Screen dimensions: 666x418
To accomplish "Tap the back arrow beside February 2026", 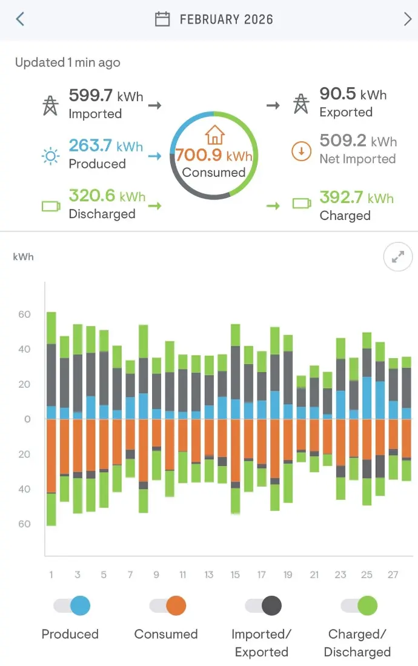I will pos(20,19).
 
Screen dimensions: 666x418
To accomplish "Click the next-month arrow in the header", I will pos(407,19).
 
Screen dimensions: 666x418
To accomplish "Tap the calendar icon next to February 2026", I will pos(162,19).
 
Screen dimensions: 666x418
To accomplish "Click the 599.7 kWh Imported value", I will pos(105,96).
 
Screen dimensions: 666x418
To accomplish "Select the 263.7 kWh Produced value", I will pos(105,146).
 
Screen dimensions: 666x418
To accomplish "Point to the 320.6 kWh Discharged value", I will pos(107,196).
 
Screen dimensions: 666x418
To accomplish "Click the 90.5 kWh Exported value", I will pos(353,95).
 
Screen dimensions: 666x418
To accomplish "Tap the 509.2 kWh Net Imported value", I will pos(357,141).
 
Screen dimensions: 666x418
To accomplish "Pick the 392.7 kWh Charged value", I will pos(356,198).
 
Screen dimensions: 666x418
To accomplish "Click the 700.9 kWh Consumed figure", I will pos(213,156).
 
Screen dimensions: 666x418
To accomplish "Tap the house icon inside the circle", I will pos(214,135).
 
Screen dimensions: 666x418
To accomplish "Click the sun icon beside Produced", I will pos(50,156).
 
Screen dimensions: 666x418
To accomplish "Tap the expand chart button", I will pos(398,258).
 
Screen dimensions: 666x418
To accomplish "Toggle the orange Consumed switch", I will pos(168,605).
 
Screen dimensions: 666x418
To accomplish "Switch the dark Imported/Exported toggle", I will pos(264,605).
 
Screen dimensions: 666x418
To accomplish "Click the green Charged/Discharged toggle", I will pos(359,605).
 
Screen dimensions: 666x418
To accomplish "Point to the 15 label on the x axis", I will pos(235,574).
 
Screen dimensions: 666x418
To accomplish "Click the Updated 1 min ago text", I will pos(67,62).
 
